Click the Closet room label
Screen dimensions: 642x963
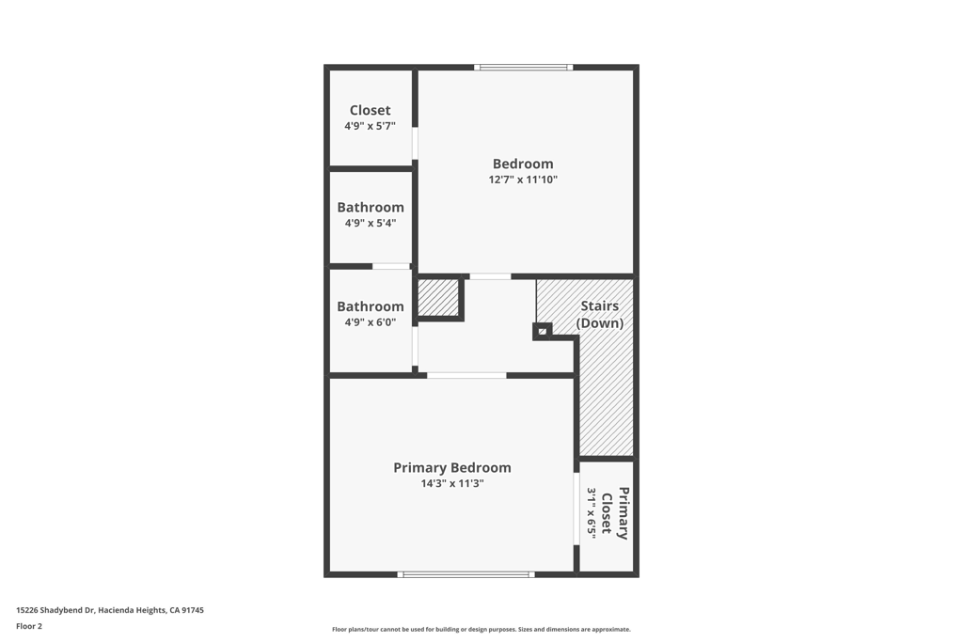point(370,110)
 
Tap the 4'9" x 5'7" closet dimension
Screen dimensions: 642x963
point(370,126)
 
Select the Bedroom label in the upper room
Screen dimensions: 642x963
point(523,164)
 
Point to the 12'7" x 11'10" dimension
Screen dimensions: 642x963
point(523,180)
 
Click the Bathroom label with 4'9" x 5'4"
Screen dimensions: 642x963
point(371,207)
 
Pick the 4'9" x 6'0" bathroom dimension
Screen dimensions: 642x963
point(371,322)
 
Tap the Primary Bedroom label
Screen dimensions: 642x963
point(452,467)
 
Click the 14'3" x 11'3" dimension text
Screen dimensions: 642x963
point(452,484)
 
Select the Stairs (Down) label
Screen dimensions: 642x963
point(600,314)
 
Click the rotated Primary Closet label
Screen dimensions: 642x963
point(615,513)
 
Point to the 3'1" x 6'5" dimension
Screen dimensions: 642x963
point(592,513)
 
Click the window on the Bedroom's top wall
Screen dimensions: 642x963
point(523,68)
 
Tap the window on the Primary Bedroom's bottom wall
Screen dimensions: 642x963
point(466,573)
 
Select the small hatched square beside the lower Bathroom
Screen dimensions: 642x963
point(437,298)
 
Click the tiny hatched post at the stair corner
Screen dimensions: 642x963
point(543,331)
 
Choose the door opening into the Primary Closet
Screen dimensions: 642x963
point(576,509)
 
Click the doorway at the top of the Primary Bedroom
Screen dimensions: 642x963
point(466,375)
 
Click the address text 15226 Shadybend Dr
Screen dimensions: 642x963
point(110,610)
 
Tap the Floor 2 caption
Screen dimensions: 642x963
point(29,626)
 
